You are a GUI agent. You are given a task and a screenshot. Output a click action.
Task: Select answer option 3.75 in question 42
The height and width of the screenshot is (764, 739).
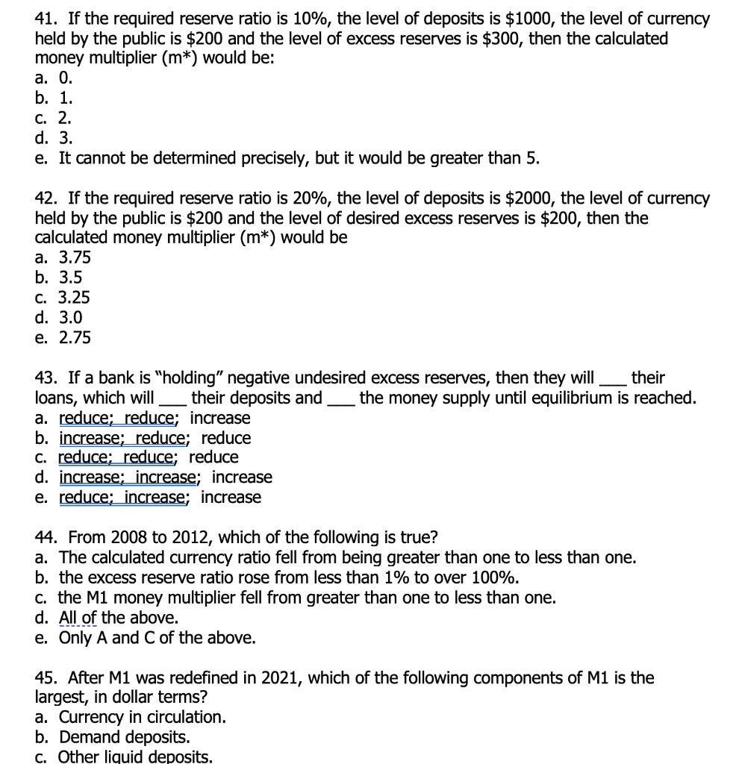pyautogui.click(x=73, y=258)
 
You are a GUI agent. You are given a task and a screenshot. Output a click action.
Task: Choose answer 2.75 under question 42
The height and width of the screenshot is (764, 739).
pyautogui.click(x=73, y=338)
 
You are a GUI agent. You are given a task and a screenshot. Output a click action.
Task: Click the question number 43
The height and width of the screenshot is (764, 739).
pyautogui.click(x=49, y=378)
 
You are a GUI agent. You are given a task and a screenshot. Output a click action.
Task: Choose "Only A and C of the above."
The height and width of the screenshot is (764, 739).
pyautogui.click(x=157, y=638)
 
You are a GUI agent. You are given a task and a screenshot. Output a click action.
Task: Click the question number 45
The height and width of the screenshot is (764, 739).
pyautogui.click(x=49, y=678)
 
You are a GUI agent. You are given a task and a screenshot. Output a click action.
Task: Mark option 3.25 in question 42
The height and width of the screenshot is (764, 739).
pyautogui.click(x=73, y=298)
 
